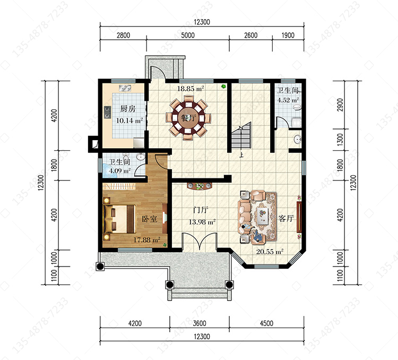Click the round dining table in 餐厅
[188, 118]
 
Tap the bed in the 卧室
[119, 219]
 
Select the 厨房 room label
[128, 109]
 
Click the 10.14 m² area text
[129, 121]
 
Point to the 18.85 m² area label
[191, 89]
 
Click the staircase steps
[241, 136]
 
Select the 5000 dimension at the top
[188, 35]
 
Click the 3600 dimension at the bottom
[199, 323]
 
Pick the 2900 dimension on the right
[340, 105]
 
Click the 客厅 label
[286, 218]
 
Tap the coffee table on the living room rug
[262, 216]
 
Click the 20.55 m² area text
[270, 252]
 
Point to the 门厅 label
[201, 210]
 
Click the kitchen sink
[125, 88]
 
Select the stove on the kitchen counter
[108, 112]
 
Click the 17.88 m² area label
[146, 239]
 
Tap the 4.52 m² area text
[288, 100]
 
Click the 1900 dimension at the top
[288, 35]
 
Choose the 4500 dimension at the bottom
[266, 323]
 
